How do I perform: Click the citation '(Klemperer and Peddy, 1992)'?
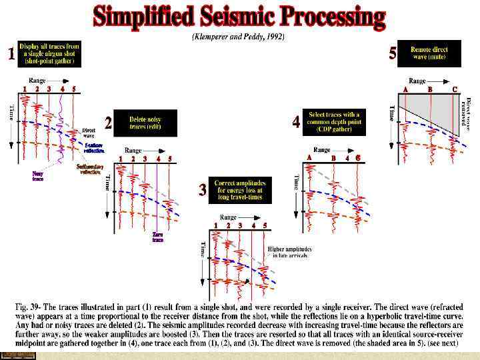[x=239, y=37]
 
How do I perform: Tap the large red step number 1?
[x=10, y=55]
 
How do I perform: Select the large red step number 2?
[x=108, y=123]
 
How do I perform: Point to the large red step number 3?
[x=203, y=190]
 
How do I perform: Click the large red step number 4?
[x=296, y=123]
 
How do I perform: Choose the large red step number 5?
[x=393, y=55]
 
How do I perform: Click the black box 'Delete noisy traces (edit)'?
[x=145, y=123]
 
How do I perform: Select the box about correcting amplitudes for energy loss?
[x=239, y=189]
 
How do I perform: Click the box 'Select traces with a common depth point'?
[x=333, y=122]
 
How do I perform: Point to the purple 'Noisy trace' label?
[x=38, y=176]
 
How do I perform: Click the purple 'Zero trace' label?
[x=158, y=237]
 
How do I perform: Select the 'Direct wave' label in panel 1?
[x=88, y=132]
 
